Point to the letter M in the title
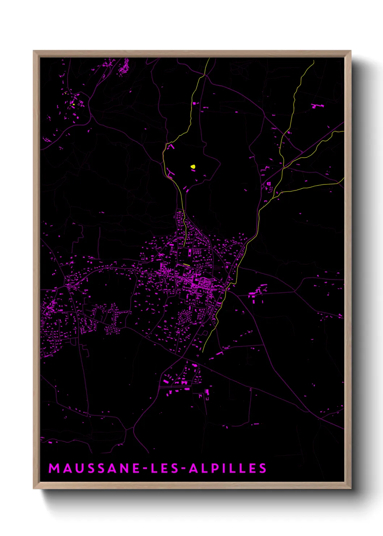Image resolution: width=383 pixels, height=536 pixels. point(54,468)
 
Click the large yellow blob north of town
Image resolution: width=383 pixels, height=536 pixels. point(193,167)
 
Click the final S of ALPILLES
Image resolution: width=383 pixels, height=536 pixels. point(263,468)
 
